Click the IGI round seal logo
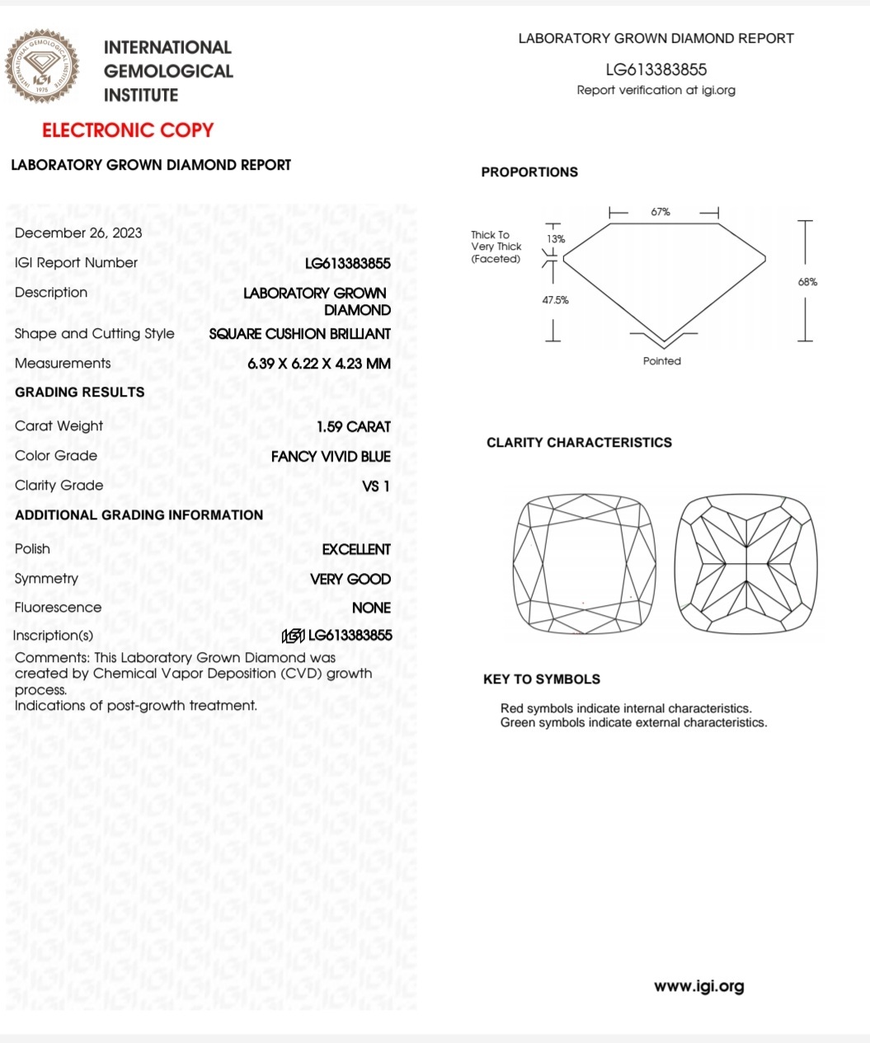coord(43,68)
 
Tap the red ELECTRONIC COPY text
coord(128,130)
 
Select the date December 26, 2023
coord(78,233)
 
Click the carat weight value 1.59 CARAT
coord(353,427)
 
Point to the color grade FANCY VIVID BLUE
coord(331,457)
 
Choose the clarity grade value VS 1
coord(375,486)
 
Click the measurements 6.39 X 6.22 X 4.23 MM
coord(319,364)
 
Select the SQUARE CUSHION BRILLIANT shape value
coord(299,334)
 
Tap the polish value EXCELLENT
coord(356,549)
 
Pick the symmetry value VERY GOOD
coord(350,580)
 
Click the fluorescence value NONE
coord(371,608)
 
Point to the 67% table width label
coord(661,212)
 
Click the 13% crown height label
coord(557,239)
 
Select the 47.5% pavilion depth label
coord(555,300)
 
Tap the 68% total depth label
coord(807,282)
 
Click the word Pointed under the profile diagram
coord(662,361)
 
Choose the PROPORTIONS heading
coord(529,172)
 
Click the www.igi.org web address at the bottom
coord(698,986)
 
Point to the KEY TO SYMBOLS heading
coord(542,679)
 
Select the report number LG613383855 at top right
coord(656,70)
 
